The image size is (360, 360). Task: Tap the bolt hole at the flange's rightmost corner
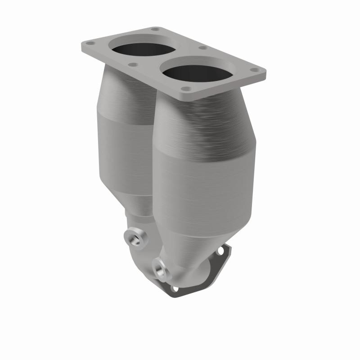coord(254,71)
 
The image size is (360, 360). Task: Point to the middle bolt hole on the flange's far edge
coord(203,47)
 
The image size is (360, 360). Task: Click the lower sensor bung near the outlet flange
coord(159,268)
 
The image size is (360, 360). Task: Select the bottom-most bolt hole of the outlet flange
coord(174,288)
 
